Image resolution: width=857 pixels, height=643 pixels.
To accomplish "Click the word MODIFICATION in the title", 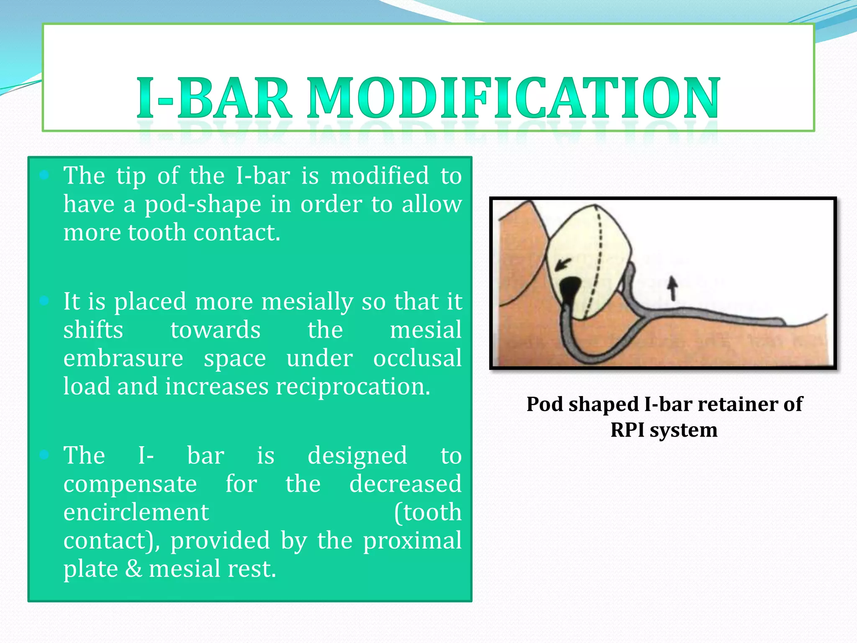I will (513, 98).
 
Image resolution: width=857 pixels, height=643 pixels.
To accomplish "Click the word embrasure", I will (123, 359).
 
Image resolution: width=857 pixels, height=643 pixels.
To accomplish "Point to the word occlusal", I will (417, 359).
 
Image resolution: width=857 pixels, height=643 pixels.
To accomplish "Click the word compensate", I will (130, 484).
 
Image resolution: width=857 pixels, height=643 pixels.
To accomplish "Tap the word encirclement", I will (136, 512).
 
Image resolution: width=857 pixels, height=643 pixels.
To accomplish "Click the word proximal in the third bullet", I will (412, 541).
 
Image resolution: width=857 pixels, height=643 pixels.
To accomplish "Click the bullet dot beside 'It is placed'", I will (44, 301).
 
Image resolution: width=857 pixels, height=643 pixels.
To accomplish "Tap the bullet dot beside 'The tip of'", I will (44, 175).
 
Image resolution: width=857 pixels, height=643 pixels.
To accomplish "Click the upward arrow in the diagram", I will (672, 288).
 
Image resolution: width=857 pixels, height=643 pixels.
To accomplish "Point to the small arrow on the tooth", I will (563, 265).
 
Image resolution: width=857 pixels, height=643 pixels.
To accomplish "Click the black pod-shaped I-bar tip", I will (569, 289).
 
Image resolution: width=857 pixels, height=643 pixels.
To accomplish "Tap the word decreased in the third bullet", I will (405, 484).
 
